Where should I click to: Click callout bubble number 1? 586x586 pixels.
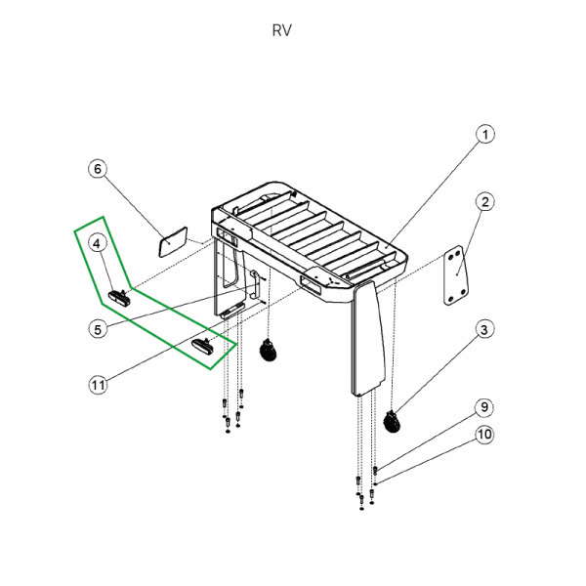click(486, 134)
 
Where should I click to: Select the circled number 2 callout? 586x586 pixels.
click(485, 202)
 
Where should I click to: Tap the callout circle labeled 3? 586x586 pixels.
click(485, 330)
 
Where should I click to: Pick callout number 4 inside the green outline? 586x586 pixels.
click(98, 243)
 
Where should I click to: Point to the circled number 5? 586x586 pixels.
click(98, 329)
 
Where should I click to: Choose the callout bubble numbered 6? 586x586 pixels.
click(98, 169)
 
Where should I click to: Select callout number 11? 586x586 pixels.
click(98, 385)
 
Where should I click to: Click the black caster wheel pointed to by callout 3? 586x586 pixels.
click(394, 422)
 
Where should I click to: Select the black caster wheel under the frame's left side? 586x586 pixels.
click(266, 351)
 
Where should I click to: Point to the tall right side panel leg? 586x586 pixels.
click(368, 338)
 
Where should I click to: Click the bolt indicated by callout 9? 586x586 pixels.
click(375, 470)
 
